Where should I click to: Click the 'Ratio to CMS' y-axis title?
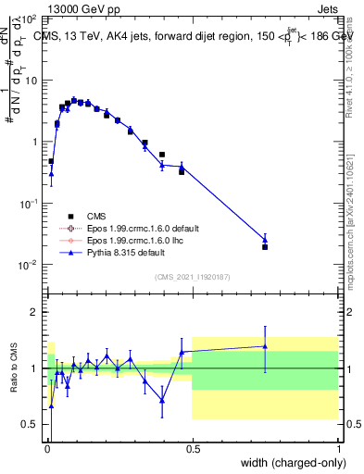(x=15, y=367)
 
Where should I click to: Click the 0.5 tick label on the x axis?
(x=192, y=447)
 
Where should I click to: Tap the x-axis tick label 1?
(x=337, y=447)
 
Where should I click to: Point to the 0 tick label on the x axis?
(x=47, y=447)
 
